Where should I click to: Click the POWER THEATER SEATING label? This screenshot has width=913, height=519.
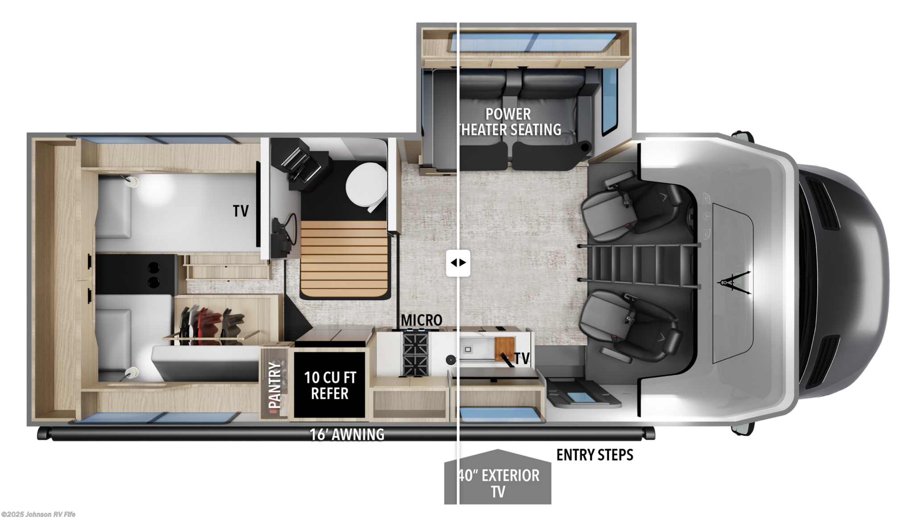pos(508,122)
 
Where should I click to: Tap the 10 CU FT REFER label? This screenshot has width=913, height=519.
pos(330,385)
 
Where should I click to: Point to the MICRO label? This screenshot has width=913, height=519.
pos(421,320)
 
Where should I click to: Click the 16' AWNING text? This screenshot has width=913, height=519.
pos(347,434)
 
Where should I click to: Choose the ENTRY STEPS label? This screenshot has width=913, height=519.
pos(595,455)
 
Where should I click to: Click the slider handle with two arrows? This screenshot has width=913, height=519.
pos(458,263)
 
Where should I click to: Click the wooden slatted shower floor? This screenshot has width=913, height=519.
pos(344,259)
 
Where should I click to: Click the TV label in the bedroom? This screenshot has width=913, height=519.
pos(241,211)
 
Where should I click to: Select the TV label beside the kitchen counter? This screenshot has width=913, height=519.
pos(522,358)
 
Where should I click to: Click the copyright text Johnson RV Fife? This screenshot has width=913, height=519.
pos(38,515)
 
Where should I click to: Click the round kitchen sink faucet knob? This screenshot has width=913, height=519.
pos(451,359)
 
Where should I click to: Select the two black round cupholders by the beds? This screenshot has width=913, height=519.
pos(153,275)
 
